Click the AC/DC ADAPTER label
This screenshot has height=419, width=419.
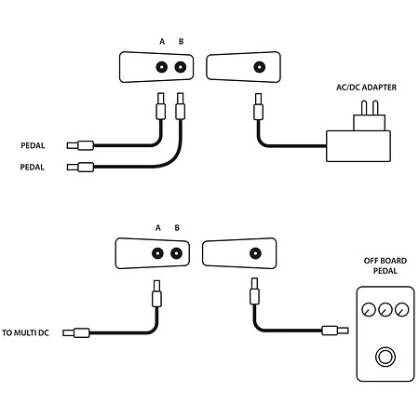366,88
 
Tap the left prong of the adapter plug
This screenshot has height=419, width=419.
364,108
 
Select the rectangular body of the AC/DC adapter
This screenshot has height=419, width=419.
358,146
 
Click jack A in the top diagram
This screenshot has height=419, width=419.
161,67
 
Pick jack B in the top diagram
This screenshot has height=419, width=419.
181,67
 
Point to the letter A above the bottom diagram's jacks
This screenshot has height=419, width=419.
158,228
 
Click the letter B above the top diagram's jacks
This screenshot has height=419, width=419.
182,41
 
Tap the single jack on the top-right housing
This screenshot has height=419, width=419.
260,67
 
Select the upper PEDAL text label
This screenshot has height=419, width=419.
33,145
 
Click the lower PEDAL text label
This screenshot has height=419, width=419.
32,167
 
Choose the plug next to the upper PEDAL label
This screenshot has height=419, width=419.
80,145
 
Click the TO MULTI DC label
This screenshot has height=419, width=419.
25,332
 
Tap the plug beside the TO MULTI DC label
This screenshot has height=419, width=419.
76,333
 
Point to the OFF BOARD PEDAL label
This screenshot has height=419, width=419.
385,265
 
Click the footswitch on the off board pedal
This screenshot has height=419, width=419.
385,357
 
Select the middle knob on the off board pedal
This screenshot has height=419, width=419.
385,309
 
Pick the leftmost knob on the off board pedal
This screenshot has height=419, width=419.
369,309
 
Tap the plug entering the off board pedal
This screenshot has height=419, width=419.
335,331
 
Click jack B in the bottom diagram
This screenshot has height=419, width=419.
176,253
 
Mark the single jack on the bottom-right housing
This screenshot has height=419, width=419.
255,253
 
